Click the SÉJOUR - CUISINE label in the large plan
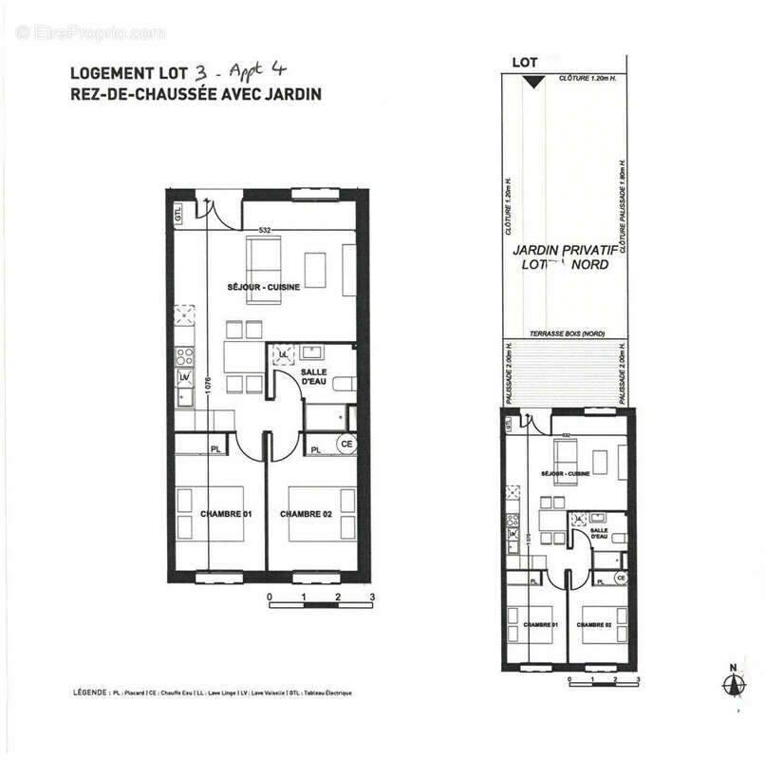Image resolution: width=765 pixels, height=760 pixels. [x=251, y=287]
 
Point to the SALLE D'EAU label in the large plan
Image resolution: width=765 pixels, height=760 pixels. [x=315, y=377]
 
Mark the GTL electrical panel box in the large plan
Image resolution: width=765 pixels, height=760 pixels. [x=177, y=213]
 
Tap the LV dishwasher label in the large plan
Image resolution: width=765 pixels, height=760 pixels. [x=184, y=378]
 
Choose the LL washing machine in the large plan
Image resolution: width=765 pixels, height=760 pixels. [x=283, y=354]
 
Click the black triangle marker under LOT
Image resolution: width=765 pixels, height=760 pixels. [x=534, y=82]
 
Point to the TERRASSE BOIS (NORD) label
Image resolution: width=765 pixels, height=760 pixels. [x=563, y=333]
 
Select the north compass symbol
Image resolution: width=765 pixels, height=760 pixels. [x=731, y=683]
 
